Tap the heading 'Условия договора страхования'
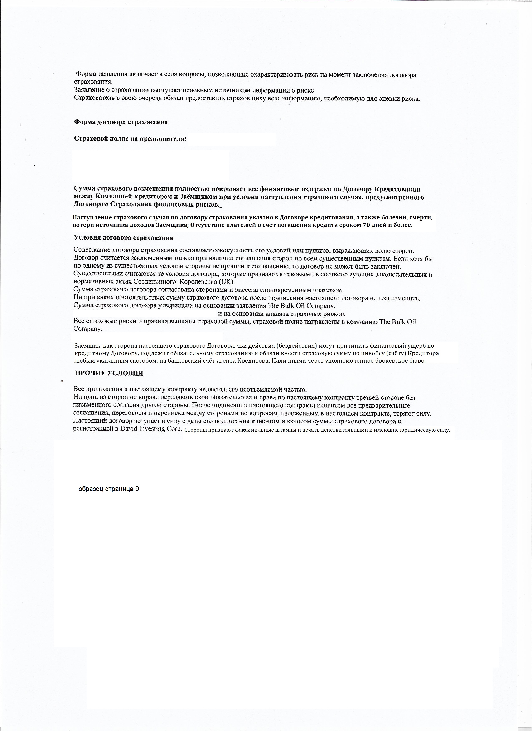point(124,238)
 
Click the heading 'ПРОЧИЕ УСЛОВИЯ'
point(109,373)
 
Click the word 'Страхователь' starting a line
point(93,98)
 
